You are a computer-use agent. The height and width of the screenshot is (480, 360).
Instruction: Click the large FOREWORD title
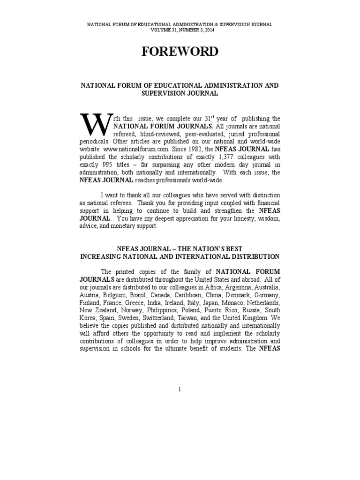coord(180,52)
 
